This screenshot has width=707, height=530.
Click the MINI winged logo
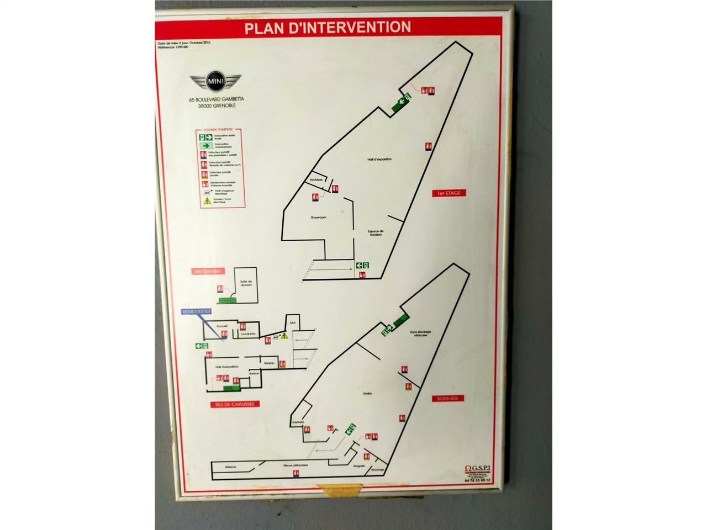215,82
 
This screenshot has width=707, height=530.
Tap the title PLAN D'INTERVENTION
328,27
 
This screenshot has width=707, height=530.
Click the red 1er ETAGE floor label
449,193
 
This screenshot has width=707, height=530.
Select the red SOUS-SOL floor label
449,398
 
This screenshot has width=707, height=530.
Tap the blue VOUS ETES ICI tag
196,312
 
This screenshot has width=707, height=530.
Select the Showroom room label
318,218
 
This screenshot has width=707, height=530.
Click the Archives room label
316,180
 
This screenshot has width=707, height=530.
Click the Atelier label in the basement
368,394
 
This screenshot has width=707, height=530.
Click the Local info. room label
249,334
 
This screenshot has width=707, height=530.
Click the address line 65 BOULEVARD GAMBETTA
216,100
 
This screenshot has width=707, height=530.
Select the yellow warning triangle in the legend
208,202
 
